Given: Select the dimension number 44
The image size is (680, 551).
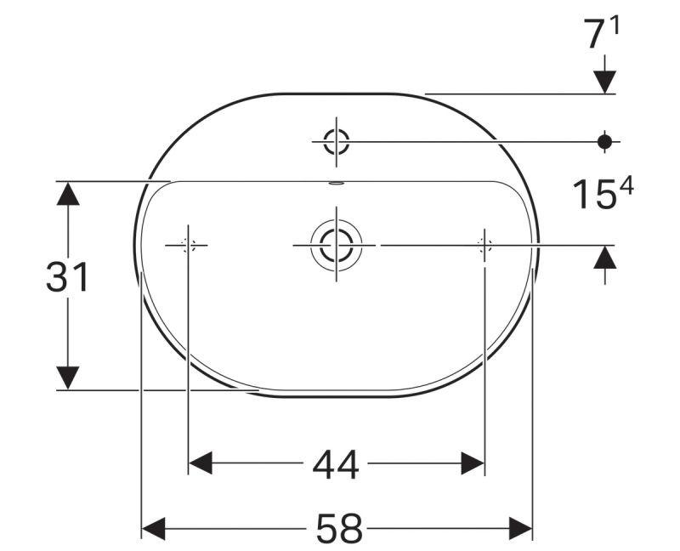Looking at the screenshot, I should point(336,464).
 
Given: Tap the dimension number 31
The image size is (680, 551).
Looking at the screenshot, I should point(67,277).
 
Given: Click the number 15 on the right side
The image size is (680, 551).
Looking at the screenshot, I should point(592,195).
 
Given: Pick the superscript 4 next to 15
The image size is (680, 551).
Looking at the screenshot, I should point(626,186).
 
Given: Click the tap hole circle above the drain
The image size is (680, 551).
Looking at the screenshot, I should point(337,141).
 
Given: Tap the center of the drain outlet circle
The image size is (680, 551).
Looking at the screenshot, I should point(337,245).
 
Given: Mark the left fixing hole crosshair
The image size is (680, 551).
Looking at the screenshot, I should point(188,245).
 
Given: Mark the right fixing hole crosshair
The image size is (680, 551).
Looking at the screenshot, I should point(484,245).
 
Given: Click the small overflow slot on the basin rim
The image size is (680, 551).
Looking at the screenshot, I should point(337,182).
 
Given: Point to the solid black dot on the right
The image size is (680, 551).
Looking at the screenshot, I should point(604,141).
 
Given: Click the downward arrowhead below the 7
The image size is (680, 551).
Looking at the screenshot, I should point(604,81).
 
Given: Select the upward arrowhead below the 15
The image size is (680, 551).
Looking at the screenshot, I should point(604,257).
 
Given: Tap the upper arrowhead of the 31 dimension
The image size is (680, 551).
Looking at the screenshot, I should point(67,194).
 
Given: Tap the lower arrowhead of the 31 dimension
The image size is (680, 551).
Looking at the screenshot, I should point(67,378).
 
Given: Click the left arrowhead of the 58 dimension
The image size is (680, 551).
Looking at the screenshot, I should point(154,529).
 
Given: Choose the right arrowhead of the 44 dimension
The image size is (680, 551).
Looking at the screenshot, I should point(472,463).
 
